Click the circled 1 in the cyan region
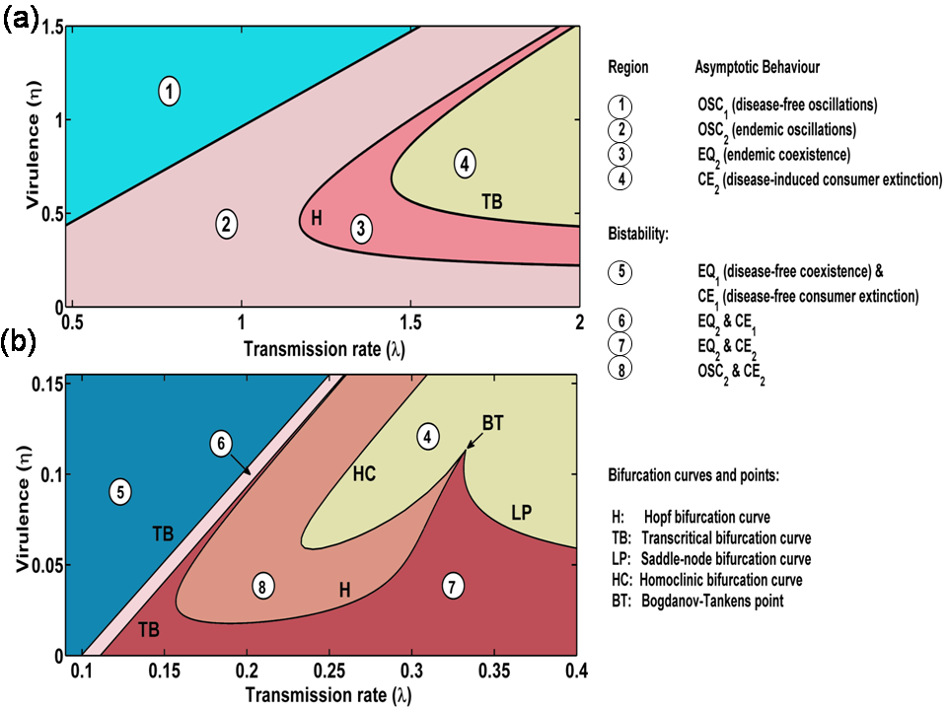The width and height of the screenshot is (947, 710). click(x=171, y=92)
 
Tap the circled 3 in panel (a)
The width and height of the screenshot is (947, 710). click(x=362, y=229)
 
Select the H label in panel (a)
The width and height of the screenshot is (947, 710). click(x=316, y=217)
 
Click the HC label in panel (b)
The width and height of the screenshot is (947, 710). click(x=365, y=474)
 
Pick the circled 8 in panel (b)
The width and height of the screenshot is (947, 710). click(x=261, y=586)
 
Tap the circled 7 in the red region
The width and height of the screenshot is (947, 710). click(x=451, y=586)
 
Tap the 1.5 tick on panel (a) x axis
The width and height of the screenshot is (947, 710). click(x=410, y=322)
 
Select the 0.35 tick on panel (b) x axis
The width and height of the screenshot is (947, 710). click(x=494, y=672)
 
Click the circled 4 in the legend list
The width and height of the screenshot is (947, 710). click(x=621, y=178)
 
